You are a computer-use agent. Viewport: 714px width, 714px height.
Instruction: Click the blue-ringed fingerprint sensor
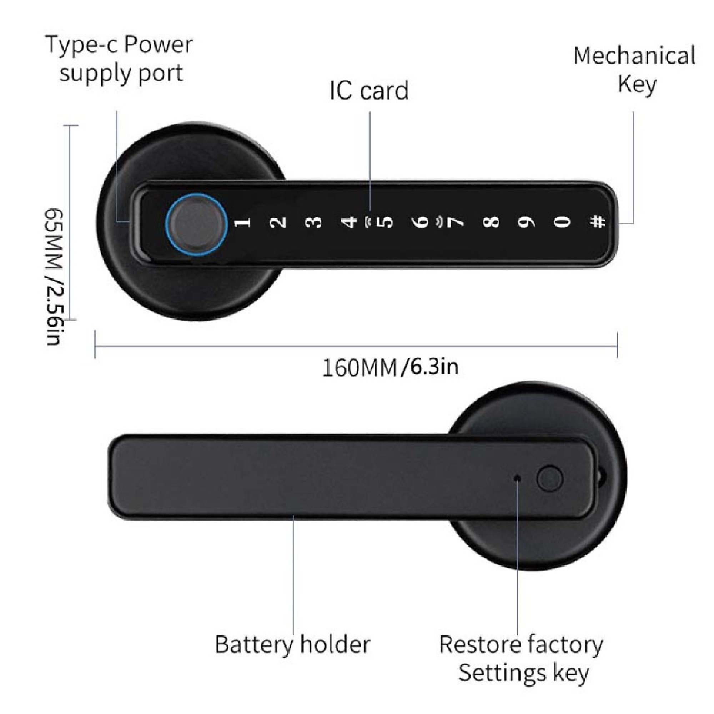click(x=196, y=223)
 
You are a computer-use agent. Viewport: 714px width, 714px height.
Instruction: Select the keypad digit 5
click(x=385, y=222)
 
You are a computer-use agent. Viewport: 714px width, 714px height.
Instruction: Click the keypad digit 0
click(x=563, y=222)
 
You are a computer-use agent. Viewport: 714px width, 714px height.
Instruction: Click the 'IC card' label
click(x=369, y=91)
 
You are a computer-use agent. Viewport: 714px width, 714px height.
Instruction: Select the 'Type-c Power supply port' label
click(x=119, y=59)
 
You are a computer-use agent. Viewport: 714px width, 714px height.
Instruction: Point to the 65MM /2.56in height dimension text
click(x=54, y=277)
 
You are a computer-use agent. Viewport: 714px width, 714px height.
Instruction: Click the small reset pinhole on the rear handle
click(x=517, y=479)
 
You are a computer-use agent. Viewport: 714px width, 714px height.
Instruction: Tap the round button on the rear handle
click(x=549, y=479)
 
